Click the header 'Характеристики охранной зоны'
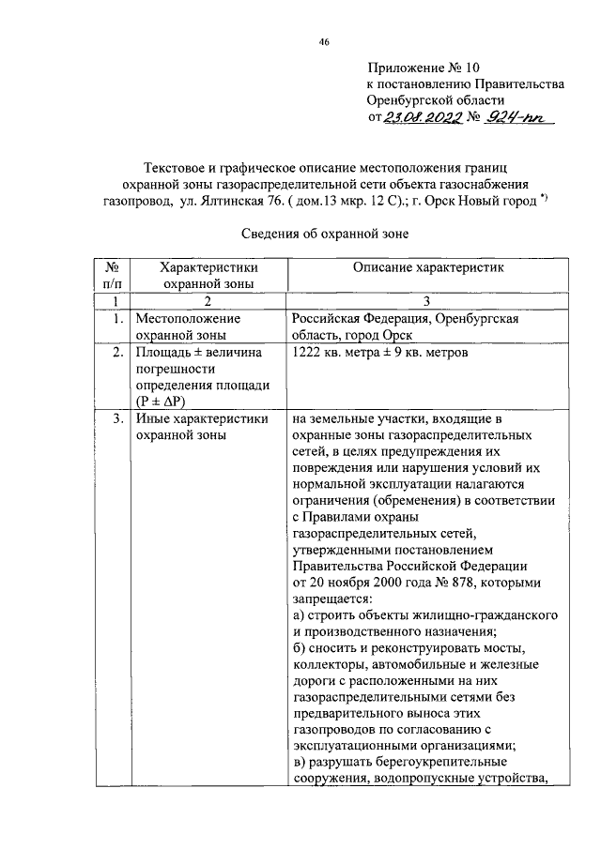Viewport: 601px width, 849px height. [208, 275]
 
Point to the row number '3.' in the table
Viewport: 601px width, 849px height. [117, 419]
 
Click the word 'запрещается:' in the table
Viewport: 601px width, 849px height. [332, 599]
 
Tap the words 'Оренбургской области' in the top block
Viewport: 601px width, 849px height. [436, 100]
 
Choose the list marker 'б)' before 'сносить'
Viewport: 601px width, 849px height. [299, 649]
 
